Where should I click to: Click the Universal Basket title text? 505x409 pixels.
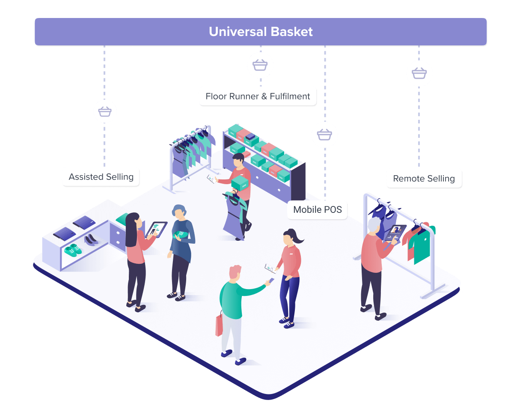(261, 32)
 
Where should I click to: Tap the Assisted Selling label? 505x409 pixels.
(101, 177)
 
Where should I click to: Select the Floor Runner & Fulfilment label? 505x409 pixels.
(258, 96)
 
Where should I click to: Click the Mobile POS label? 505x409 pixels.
(318, 210)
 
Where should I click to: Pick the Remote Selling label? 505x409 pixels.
(424, 179)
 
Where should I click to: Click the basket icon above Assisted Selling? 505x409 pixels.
(105, 111)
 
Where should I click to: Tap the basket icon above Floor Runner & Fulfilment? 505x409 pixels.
(260, 66)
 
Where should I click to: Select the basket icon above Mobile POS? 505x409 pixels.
(324, 134)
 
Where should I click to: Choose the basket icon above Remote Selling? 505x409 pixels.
(419, 73)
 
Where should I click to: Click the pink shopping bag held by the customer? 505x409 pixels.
(219, 325)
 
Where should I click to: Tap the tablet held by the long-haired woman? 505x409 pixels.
(156, 229)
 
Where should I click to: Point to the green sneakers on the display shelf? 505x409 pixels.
(73, 249)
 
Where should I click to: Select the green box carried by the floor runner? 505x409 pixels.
(240, 183)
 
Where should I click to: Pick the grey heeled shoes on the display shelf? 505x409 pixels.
(91, 240)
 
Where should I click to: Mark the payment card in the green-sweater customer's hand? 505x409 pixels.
(270, 281)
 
